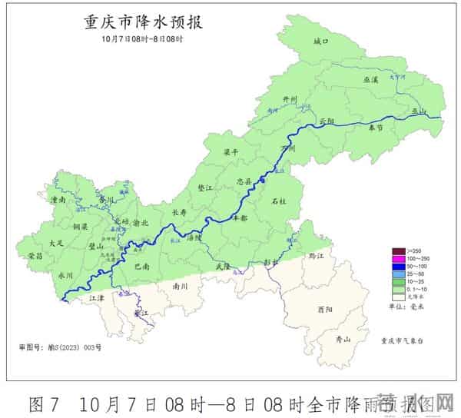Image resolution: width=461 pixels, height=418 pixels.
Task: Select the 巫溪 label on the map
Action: coord(370,79)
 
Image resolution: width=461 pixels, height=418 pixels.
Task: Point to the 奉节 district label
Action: coord(375,128)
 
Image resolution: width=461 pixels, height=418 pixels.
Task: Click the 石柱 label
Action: coord(279,201)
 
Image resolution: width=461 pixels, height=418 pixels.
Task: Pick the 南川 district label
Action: coord(181,285)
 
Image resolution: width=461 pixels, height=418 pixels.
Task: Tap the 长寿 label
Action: coord(179,212)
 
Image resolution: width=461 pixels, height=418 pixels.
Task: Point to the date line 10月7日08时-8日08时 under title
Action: coord(143,39)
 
